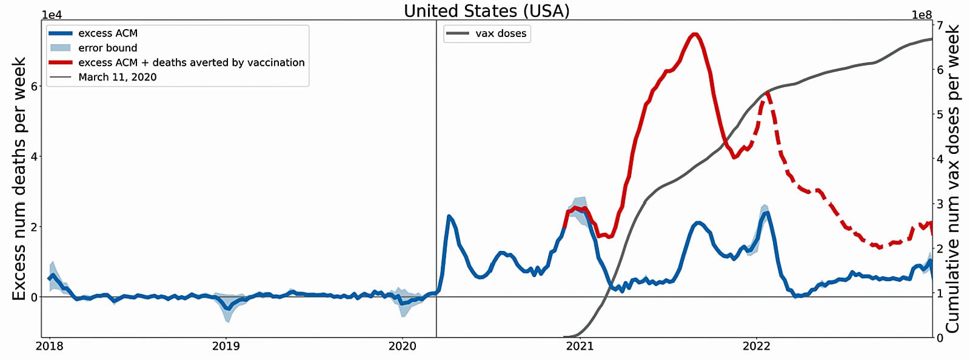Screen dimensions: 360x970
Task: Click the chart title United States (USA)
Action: (x=486, y=11)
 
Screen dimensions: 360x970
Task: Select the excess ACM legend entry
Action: (x=107, y=33)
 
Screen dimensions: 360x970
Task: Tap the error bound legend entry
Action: (x=107, y=48)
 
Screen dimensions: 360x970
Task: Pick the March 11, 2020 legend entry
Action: (x=117, y=77)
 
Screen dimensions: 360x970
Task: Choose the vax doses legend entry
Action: (x=500, y=33)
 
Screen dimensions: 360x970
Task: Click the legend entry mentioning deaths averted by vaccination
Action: (x=191, y=62)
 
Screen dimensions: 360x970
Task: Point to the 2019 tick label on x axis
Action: (x=226, y=346)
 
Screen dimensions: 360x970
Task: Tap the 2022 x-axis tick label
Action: (x=756, y=346)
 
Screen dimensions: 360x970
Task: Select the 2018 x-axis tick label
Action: (x=48, y=346)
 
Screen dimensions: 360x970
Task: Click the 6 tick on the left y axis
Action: (x=34, y=86)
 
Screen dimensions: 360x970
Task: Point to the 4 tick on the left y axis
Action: (x=34, y=156)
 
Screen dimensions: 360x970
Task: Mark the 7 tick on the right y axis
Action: (x=940, y=25)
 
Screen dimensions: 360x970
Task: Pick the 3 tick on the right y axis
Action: (x=940, y=204)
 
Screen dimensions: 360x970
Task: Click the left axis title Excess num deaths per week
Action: (x=19, y=179)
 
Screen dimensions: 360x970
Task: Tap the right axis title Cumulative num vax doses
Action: (x=953, y=179)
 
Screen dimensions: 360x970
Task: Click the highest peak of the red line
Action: (x=695, y=34)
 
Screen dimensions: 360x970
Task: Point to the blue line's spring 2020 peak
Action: (x=449, y=216)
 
